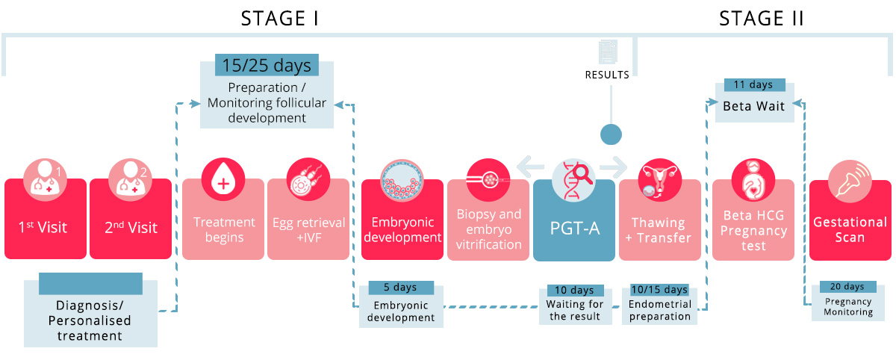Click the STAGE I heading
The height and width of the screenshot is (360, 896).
pos(280,19)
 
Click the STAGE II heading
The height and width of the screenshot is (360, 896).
pos(761,19)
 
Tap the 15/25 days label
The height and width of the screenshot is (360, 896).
pos(267,66)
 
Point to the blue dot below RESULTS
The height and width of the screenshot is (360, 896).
pos(611,134)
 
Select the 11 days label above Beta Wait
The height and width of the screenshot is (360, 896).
pos(753,85)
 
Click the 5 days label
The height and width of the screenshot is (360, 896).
pos(402,288)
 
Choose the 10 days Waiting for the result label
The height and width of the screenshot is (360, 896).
pos(575,290)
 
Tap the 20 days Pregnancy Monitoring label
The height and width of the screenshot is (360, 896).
pos(847,287)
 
